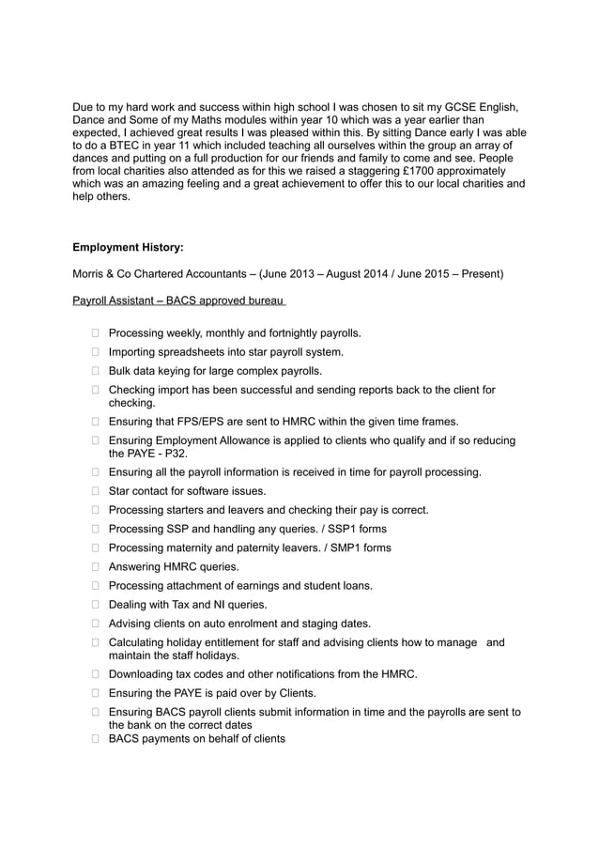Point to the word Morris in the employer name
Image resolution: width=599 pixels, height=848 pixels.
[x=91, y=274]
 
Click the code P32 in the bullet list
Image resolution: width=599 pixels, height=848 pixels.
[x=174, y=454]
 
